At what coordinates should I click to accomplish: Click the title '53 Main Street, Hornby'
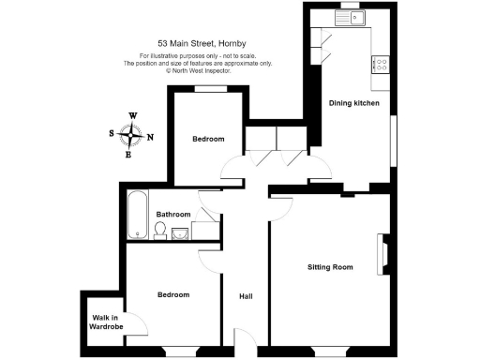pos(201,42)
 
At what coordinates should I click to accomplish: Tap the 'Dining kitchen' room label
pos(353,103)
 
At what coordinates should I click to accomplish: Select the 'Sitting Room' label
pos(330,268)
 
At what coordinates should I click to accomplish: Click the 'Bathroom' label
pos(173,214)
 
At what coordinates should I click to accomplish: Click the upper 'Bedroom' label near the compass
pos(208,140)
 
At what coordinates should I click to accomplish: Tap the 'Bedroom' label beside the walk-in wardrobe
pos(173,295)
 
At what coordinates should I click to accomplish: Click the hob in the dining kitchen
pos(382,64)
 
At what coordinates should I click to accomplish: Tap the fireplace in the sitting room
pos(382,250)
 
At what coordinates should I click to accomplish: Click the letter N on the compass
pos(150,137)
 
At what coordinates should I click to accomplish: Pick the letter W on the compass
pos(132,116)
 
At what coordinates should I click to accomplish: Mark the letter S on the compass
pos(113,134)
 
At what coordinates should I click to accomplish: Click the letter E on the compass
pos(129,155)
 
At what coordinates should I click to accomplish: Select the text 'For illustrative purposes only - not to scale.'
pos(200,56)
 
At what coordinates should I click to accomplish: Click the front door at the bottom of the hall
pos(243,345)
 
